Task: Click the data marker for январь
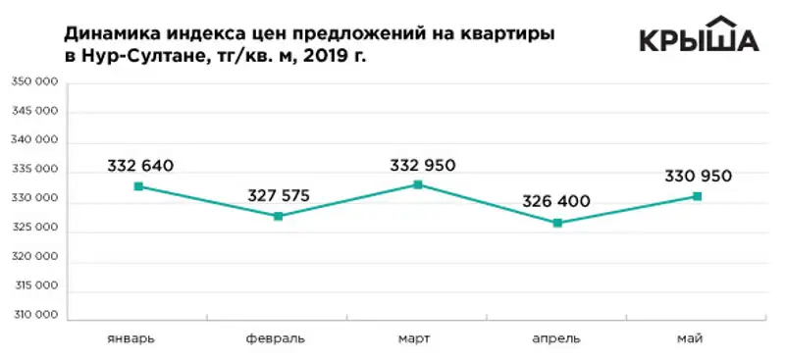[x=139, y=186]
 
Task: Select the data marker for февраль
[x=279, y=216]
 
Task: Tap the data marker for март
[x=418, y=184]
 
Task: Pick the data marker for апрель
[x=557, y=223]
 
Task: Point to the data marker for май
[x=698, y=196]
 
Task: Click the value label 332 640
[x=140, y=165]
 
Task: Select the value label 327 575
[x=278, y=195]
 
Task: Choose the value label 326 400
[x=557, y=202]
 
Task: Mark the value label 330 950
[x=698, y=177]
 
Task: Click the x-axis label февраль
[x=276, y=338]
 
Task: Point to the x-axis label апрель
[x=556, y=338]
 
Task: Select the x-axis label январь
[x=131, y=338]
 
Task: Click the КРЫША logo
[x=699, y=36]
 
